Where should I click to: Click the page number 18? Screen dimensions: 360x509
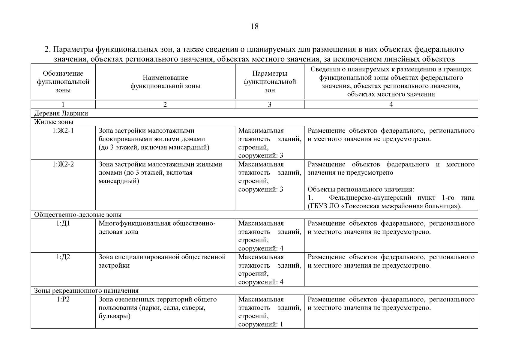pos(254,27)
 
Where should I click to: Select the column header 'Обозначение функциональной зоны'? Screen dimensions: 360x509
pos(63,82)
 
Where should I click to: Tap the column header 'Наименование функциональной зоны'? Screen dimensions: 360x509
pos(165,82)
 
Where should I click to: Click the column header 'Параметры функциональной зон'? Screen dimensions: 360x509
pos(270,82)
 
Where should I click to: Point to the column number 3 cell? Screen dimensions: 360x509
pos(269,104)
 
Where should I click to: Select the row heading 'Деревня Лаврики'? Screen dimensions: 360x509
pos(61,113)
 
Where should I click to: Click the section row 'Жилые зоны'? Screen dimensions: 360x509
pos(54,122)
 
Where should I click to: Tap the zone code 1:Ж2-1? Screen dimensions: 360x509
pos(63,131)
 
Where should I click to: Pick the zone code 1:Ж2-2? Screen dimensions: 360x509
pos(63,164)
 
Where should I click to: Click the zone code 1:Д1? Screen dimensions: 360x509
pos(63,223)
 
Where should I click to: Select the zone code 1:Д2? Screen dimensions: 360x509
pos(63,257)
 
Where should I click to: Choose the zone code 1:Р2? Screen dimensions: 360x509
pos(63,299)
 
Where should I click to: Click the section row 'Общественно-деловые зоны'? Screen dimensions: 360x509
pos(78,215)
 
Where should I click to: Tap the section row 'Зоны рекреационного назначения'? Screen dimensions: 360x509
pos(86,291)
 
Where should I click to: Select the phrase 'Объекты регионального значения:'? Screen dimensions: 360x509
pos(361,190)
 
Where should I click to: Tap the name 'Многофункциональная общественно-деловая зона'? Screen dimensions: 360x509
pos(157,228)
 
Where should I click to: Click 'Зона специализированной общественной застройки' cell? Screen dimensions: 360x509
pos(162,261)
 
